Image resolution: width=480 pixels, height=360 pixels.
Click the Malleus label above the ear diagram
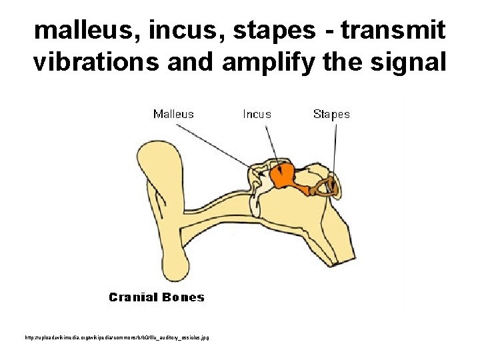[x=173, y=114]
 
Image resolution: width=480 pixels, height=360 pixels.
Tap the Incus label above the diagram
[x=257, y=114]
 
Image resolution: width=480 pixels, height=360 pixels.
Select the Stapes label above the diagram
[x=331, y=114]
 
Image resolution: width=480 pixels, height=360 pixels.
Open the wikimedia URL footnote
[x=116, y=338]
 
